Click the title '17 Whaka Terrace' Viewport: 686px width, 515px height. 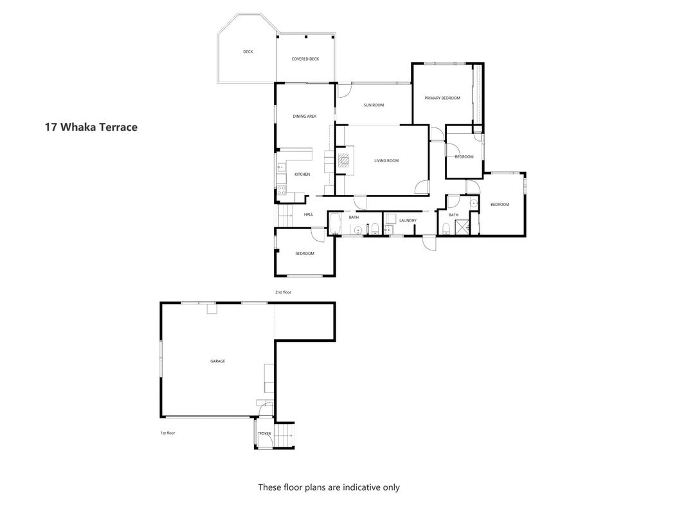(x=91, y=127)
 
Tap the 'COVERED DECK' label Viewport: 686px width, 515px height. (x=305, y=59)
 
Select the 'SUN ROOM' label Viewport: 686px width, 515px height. (x=374, y=105)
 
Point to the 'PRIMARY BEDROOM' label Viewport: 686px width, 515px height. (x=442, y=98)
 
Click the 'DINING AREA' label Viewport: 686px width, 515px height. (x=305, y=117)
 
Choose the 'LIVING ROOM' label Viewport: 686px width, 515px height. (x=386, y=161)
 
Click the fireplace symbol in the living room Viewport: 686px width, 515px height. (x=343, y=161)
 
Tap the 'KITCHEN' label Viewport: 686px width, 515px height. (x=302, y=174)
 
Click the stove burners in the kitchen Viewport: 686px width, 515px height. (x=282, y=190)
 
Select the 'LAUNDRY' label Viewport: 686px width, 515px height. (x=408, y=220)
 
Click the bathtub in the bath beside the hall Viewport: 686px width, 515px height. (x=335, y=224)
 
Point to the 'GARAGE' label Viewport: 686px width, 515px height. (x=217, y=361)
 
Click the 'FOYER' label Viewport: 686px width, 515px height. (x=265, y=433)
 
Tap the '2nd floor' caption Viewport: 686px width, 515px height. (x=283, y=292)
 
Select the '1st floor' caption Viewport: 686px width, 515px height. (x=168, y=433)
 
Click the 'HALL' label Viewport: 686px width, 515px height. (x=309, y=214)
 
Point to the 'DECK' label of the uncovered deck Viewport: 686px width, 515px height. (x=248, y=51)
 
